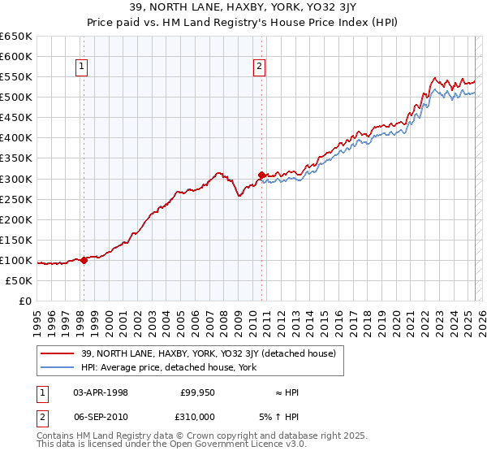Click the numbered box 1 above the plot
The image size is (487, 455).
click(x=84, y=67)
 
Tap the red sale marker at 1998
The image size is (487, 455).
click(x=84, y=260)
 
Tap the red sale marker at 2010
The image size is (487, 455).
click(x=261, y=175)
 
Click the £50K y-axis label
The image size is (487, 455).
click(x=19, y=280)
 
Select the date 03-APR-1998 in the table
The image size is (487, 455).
click(x=101, y=392)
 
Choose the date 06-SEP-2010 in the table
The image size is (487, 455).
click(x=101, y=415)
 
